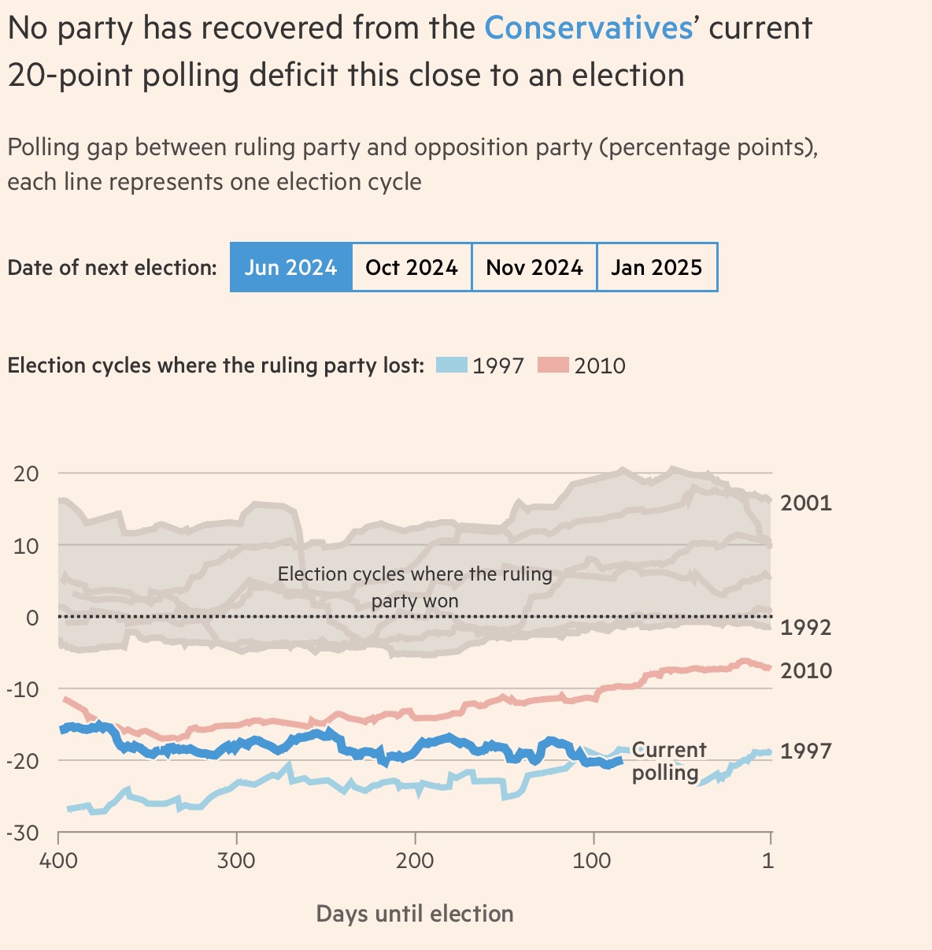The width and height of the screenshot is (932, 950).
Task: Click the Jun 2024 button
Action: point(290,268)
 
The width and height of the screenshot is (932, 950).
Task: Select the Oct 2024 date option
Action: point(412,268)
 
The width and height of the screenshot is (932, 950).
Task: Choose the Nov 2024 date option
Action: point(534,268)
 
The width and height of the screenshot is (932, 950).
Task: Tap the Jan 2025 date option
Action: point(656,268)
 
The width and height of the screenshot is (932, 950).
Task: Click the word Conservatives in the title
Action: point(588,28)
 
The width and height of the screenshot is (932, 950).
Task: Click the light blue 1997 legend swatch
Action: point(453,366)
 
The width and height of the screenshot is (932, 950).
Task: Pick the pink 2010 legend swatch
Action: point(553,366)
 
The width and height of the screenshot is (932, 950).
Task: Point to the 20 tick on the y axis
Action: point(26,473)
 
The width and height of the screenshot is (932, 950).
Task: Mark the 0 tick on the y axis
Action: point(32,618)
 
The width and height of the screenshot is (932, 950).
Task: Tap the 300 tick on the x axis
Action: point(236,860)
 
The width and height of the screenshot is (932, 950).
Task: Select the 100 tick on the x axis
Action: point(592,860)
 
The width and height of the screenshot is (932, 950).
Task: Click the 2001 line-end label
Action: point(805,503)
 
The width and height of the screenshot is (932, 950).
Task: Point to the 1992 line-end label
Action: point(805,627)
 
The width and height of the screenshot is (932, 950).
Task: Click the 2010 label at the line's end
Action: point(805,670)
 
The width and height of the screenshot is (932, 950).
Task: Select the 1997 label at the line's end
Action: point(805,751)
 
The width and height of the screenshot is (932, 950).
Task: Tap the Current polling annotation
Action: point(668,761)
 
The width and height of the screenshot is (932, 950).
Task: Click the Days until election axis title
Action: point(415,914)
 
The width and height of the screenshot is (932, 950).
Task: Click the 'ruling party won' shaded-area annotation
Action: point(415,588)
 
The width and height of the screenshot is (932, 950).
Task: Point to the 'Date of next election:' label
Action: point(112,268)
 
